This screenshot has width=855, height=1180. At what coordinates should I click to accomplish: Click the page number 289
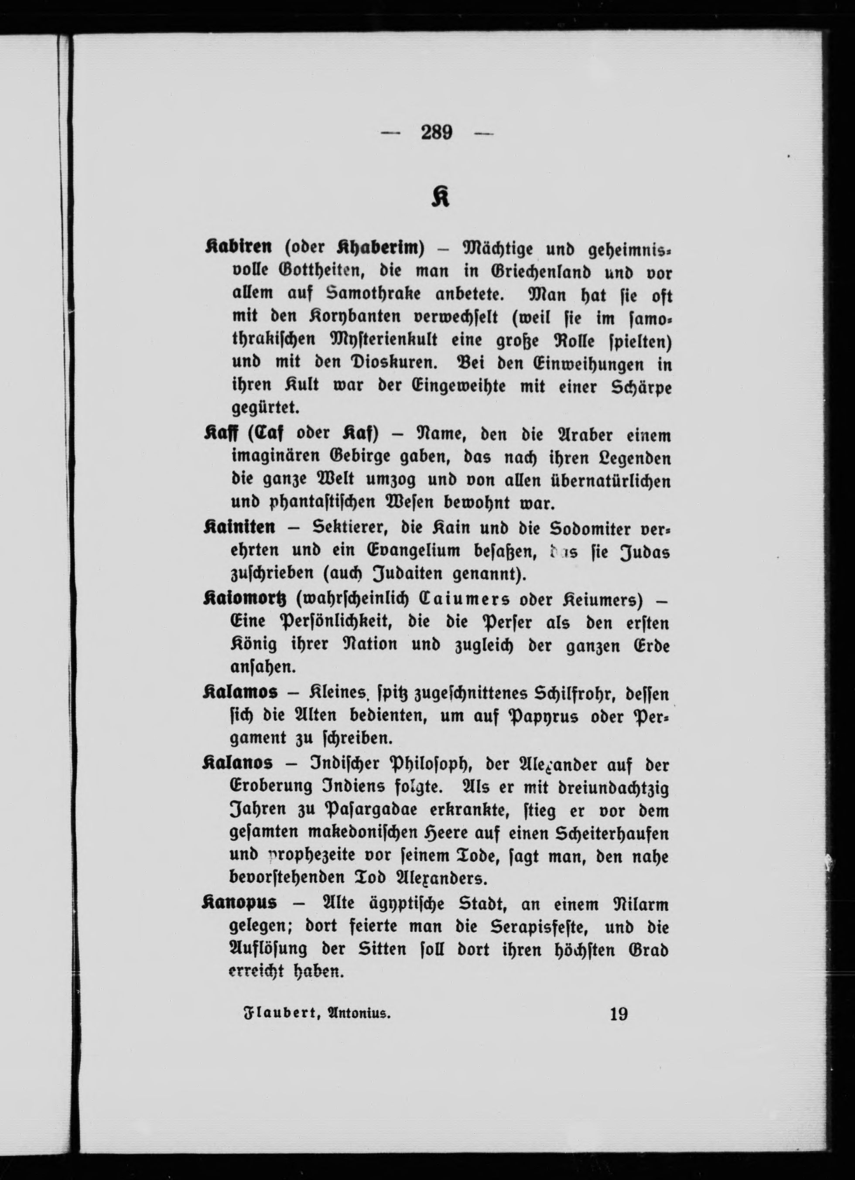tap(436, 133)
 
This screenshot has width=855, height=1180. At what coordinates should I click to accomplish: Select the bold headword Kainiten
tap(239, 528)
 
